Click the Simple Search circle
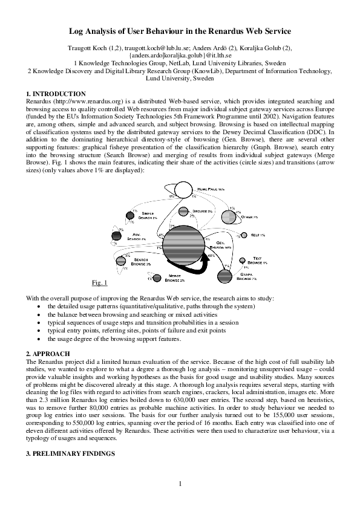130,215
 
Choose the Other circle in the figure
232,215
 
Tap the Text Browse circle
243,261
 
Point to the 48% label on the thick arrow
211,256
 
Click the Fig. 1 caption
99,283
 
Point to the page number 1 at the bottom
180,482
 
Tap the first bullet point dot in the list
39,307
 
